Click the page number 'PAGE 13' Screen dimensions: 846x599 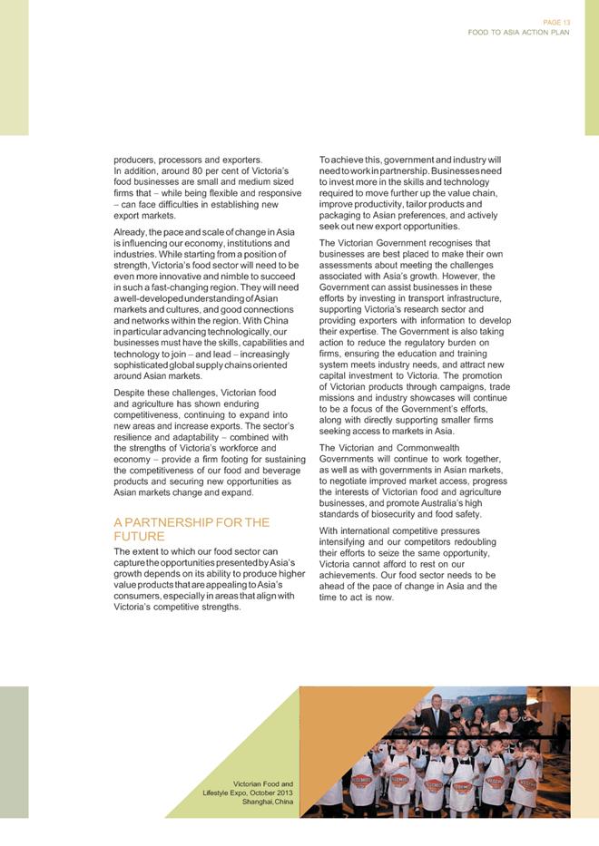coord(557,21)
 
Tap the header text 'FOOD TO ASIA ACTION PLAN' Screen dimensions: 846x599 coord(518,32)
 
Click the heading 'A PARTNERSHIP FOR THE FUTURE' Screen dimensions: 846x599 coord(191,530)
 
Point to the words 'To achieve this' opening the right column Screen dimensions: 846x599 coord(349,160)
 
